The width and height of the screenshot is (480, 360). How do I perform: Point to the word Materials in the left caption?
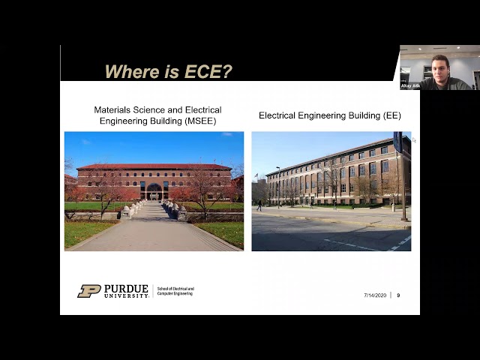[x=112, y=109]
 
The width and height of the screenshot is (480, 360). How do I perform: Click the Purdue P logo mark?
[x=88, y=291]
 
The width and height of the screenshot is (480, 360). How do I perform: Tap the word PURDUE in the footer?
[x=126, y=288]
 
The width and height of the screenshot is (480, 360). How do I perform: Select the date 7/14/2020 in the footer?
[x=375, y=295]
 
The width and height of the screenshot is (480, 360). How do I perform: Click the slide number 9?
[x=398, y=295]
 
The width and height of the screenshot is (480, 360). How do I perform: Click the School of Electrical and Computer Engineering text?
[x=175, y=291]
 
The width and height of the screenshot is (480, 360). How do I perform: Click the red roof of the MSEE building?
[x=154, y=166]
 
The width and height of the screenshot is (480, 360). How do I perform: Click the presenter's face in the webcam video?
[x=440, y=69]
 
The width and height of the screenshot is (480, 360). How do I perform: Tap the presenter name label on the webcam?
[x=411, y=86]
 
